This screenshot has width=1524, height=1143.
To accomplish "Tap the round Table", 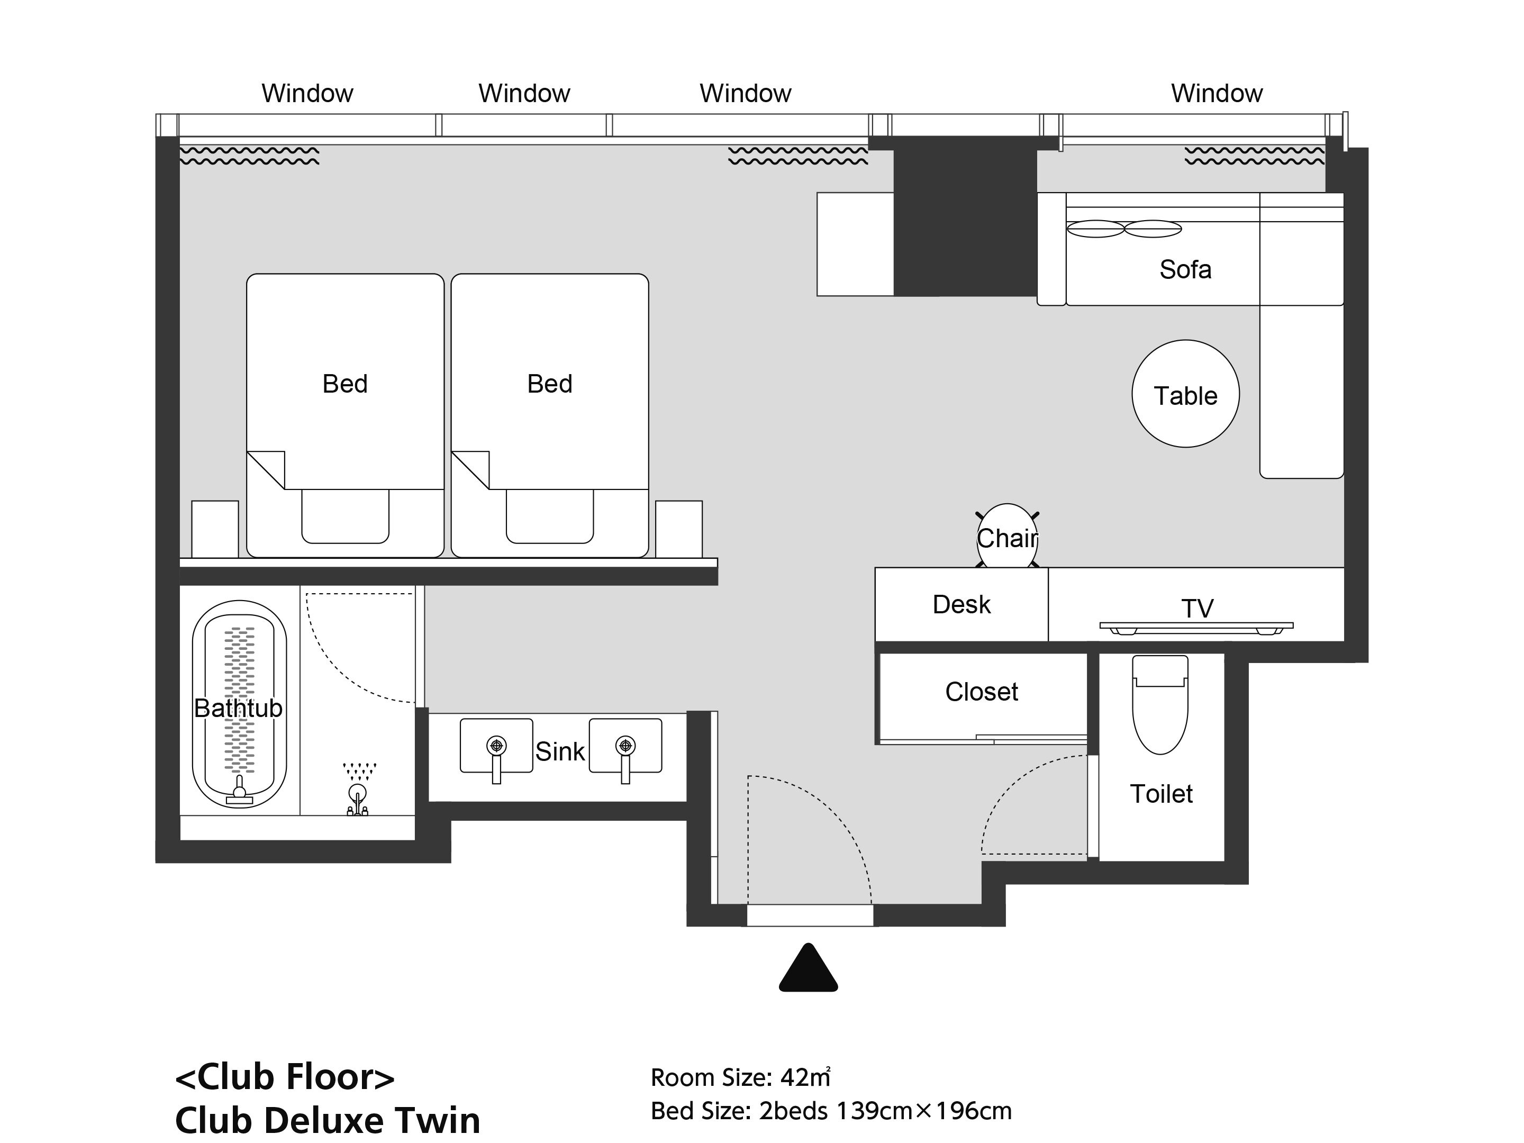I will tap(1185, 394).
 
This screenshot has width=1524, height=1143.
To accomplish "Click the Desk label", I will tap(961, 605).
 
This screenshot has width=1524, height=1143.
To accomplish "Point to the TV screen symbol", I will tap(1196, 627).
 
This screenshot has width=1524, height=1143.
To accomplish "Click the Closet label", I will tap(981, 692).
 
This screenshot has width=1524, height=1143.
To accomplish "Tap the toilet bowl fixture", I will tap(1160, 706).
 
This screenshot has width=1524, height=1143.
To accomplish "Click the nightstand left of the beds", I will tap(215, 529).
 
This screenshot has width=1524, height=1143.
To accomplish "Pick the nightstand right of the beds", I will tap(678, 529).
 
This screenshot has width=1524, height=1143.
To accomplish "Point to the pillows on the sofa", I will tap(1124, 229).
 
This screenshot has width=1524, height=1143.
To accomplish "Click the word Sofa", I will tap(1185, 269).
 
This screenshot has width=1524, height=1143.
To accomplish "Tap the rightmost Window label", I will tap(1217, 94).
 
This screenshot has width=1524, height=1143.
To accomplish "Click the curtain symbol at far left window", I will tap(249, 156).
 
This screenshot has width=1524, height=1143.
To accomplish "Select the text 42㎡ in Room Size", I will tap(805, 1077).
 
